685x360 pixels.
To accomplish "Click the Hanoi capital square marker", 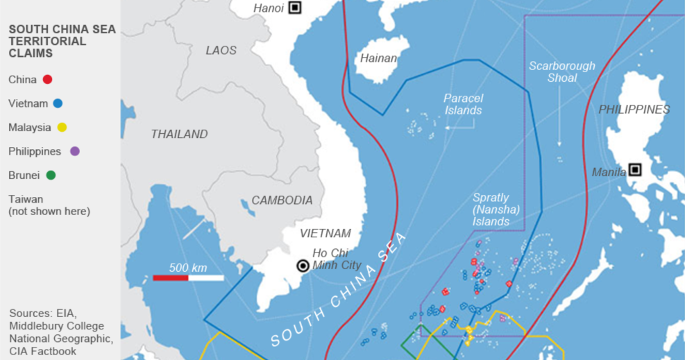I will (295, 8).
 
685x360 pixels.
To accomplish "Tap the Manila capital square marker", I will (634, 170).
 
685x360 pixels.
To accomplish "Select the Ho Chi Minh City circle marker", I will (303, 265).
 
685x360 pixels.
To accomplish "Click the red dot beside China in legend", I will (47, 80).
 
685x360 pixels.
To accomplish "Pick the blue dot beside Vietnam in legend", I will (58, 103).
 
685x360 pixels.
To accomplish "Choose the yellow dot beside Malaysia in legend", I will (62, 128).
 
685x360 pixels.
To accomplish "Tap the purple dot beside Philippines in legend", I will (74, 151).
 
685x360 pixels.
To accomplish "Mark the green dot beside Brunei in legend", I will (51, 175).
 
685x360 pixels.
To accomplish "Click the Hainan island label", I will (378, 58).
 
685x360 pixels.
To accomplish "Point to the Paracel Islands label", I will (463, 104).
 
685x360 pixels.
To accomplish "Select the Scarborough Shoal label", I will (561, 71).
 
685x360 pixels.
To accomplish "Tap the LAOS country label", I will (221, 50).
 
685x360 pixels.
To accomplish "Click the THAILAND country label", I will (179, 134).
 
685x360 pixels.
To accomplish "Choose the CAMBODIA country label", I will (282, 200).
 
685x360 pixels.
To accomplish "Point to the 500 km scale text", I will (188, 268).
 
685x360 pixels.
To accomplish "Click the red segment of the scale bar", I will (171, 278).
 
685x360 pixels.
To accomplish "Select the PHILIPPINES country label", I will (634, 110).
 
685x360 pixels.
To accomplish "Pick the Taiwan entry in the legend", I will (26, 199).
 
